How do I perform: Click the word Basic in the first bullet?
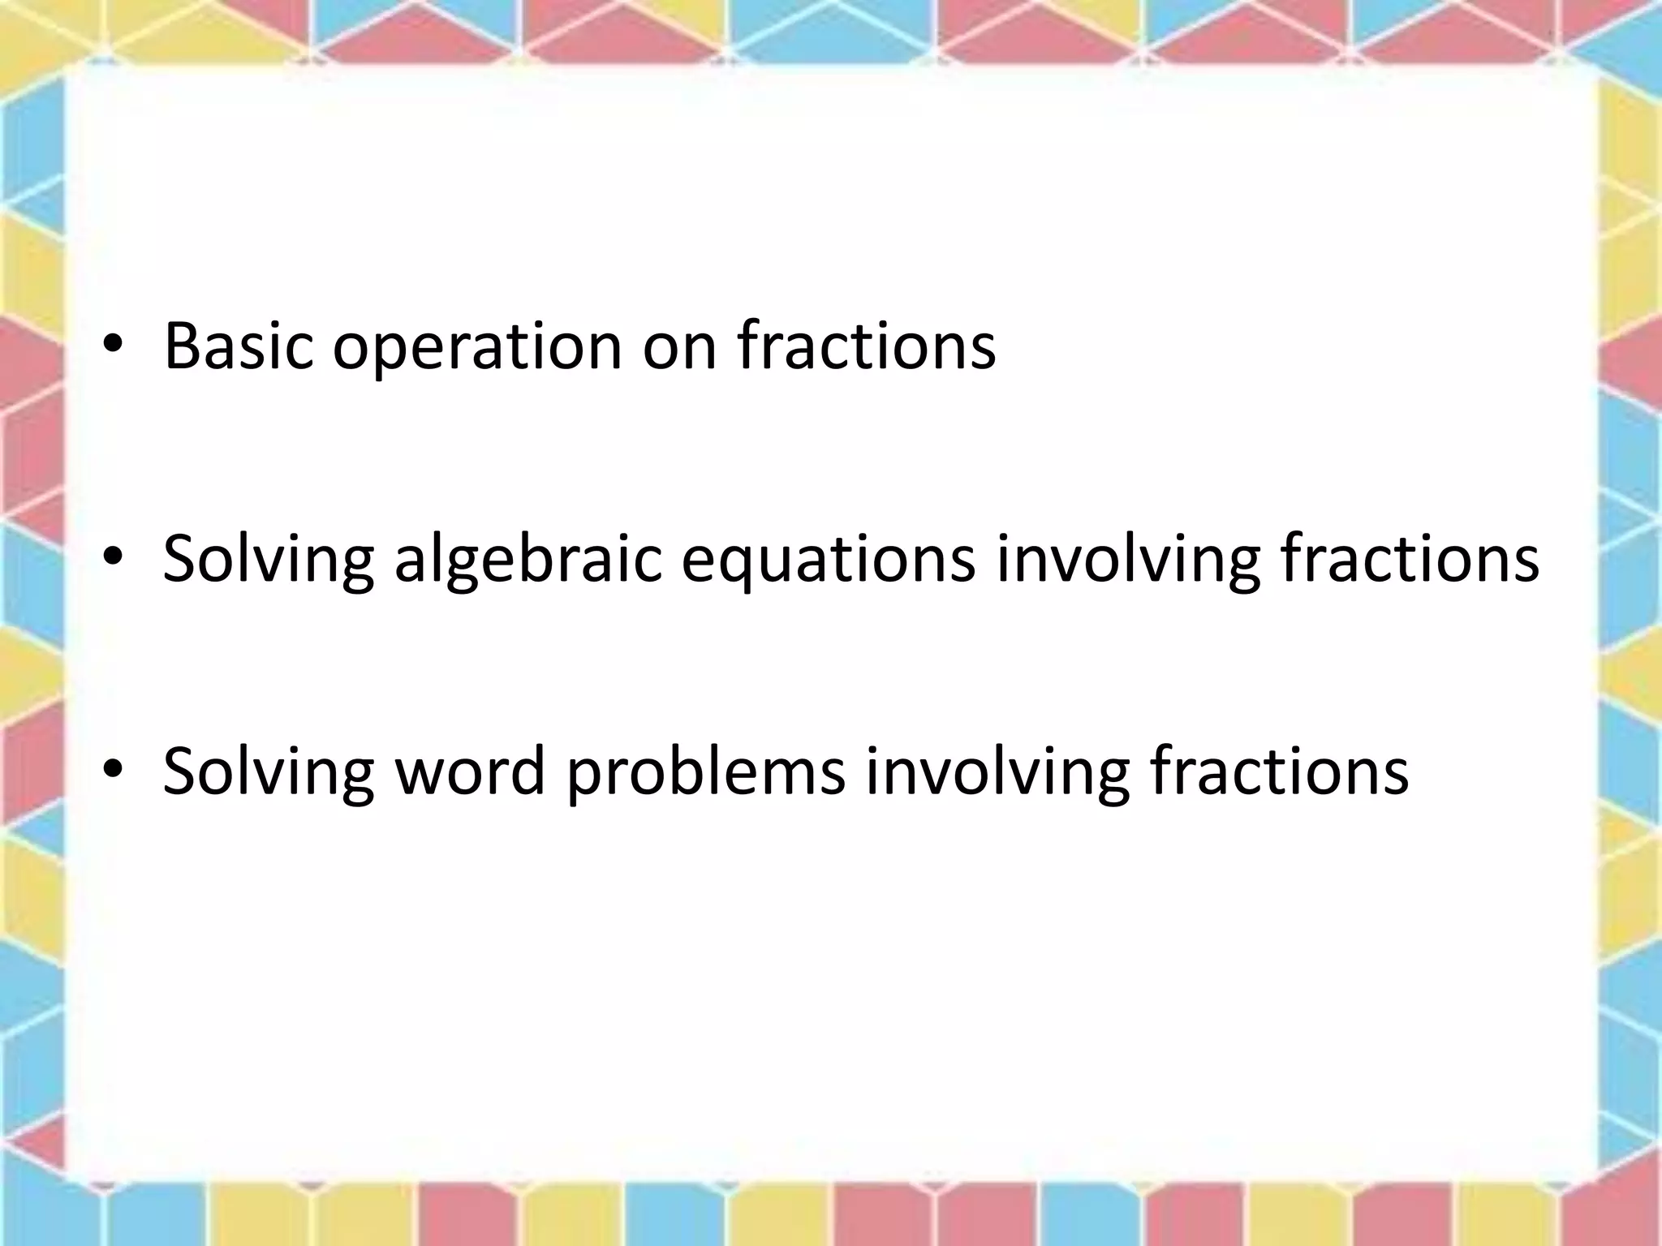pyautogui.click(x=238, y=346)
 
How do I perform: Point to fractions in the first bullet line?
pyautogui.click(x=866, y=346)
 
